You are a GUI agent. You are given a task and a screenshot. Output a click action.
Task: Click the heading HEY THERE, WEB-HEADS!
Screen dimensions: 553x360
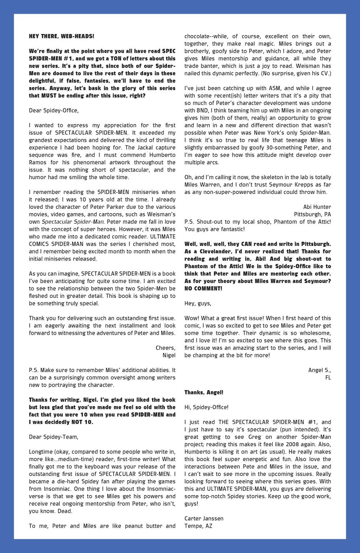click(x=61, y=36)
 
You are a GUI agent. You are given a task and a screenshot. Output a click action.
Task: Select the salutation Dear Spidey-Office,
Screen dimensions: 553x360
click(x=54, y=110)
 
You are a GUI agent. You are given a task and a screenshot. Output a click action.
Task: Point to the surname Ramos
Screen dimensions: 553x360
click(x=38, y=162)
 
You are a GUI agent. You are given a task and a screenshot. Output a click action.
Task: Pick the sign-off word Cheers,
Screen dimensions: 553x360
click(x=165, y=348)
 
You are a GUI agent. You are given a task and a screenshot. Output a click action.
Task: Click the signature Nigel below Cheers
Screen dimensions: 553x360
click(x=169, y=355)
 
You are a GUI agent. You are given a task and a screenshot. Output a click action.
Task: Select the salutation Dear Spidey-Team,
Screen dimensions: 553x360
click(x=54, y=437)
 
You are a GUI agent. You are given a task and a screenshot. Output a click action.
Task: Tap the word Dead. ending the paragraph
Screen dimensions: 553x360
click(x=66, y=511)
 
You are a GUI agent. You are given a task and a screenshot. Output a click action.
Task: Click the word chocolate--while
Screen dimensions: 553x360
click(x=205, y=36)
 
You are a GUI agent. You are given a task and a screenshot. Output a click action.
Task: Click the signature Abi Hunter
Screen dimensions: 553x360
click(x=317, y=207)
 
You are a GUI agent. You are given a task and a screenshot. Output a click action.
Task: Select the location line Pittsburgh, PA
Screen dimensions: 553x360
click(x=312, y=214)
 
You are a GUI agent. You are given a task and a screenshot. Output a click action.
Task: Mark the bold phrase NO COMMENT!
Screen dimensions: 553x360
click(x=203, y=288)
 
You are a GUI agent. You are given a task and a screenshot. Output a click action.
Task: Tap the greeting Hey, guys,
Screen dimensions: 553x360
click(x=198, y=303)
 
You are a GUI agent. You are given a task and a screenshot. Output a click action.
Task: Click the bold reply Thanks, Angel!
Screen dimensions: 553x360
click(x=204, y=392)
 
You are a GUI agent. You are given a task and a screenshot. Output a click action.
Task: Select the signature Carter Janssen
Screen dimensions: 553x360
click(x=204, y=518)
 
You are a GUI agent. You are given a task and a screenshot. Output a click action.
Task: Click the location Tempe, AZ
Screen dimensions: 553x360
click(x=198, y=526)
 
